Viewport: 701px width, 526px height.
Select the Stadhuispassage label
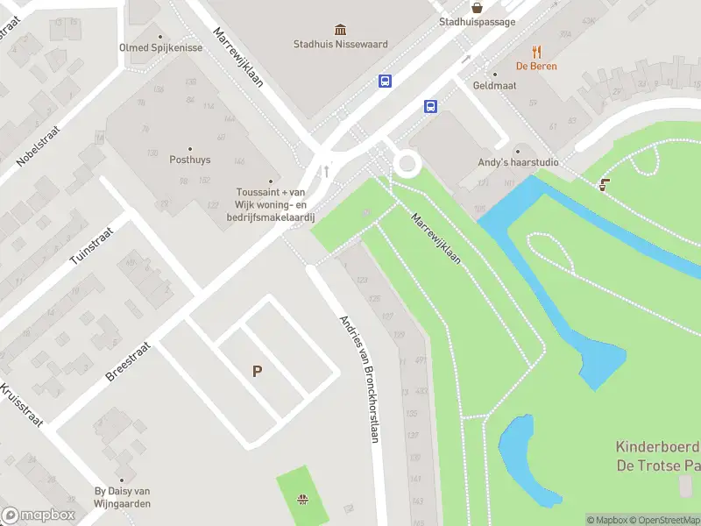click(477, 22)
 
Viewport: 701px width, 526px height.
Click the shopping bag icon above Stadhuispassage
click(477, 7)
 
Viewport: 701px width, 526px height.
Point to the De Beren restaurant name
click(536, 66)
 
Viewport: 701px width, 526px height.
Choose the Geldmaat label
click(493, 86)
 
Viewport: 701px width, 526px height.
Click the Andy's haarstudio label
click(517, 162)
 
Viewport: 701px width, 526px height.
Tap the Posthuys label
click(190, 160)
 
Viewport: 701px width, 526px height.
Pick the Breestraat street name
click(128, 361)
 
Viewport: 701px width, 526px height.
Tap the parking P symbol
click(257, 372)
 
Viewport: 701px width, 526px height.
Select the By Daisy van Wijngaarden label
click(124, 497)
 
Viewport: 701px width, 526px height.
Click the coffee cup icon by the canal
click(603, 184)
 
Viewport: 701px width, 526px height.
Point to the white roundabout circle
click(407, 163)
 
